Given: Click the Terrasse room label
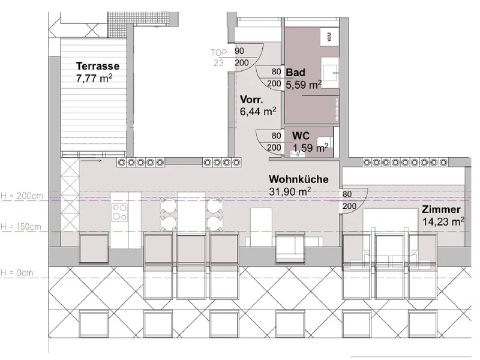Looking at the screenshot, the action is point(98,66).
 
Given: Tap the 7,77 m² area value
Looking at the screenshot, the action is point(94,78).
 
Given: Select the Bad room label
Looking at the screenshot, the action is point(295,73).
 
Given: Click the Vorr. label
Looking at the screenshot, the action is point(251,100).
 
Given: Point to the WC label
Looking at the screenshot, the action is point(301,136).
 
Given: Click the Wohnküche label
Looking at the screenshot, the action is point(298,179).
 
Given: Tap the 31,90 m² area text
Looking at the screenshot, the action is point(290,191).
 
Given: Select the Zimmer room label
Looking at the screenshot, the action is point(441,209).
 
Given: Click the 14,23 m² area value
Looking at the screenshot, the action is point(443,221).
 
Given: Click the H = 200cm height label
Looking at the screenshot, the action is point(22,196).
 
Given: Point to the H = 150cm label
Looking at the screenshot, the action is point(21,227).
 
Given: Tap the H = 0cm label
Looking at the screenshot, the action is point(17,273).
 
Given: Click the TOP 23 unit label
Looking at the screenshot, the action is point(218,58).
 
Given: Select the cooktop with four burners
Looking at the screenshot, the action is point(119,212).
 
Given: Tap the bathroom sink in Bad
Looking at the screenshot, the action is point(330,73).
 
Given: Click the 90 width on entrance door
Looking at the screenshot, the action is point(239,51).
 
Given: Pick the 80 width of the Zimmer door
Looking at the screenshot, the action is point(347,194).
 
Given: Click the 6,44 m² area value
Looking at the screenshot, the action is point(258,112).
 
